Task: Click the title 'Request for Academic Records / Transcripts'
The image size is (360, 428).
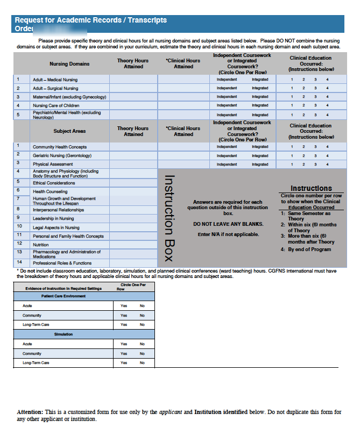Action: (x=90, y=20)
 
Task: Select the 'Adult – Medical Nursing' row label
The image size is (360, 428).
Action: (x=55, y=80)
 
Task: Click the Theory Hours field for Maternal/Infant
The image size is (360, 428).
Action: (x=133, y=97)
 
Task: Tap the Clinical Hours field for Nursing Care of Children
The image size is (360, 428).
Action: (x=183, y=105)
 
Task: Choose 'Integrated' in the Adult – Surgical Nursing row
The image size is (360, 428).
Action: (x=260, y=88)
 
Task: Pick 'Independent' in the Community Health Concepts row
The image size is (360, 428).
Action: (x=227, y=147)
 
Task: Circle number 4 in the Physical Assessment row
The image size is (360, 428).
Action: (x=327, y=165)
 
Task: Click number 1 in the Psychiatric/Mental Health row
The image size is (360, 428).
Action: (x=292, y=115)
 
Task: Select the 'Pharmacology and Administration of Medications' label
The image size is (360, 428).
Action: (x=66, y=254)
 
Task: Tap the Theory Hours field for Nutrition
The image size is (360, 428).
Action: (x=133, y=244)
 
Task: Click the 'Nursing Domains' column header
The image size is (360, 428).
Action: (x=69, y=64)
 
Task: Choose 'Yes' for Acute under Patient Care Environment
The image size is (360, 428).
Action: (x=124, y=305)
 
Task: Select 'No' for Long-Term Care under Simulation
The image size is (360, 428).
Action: (x=142, y=363)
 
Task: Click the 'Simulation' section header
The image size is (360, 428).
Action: (x=63, y=334)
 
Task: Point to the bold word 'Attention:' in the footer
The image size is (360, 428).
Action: (x=30, y=412)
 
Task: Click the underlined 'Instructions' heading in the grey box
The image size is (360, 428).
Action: (x=311, y=188)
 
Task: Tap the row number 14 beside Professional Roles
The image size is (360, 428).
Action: (x=19, y=262)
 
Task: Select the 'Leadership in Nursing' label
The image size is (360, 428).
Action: (x=53, y=218)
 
